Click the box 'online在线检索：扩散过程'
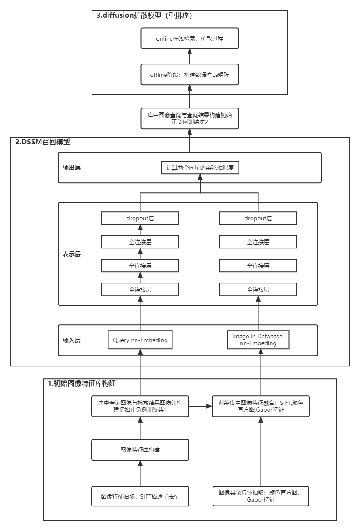point(190,38)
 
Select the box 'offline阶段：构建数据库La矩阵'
point(190,74)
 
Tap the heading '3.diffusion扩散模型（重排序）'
point(144,16)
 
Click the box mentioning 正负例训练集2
point(190,119)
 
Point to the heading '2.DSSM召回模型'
point(42,142)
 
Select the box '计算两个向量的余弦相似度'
point(200,168)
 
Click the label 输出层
point(71,168)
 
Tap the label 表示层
point(71,254)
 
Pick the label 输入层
point(71,340)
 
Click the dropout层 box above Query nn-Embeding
point(140,218)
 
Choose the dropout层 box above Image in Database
point(258,218)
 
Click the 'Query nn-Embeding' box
point(140,340)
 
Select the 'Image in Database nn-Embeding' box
point(258,340)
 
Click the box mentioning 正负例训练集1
point(140,406)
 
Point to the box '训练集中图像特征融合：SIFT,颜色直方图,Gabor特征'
point(261,406)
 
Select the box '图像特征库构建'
point(140,450)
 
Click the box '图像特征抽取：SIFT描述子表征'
point(140,496)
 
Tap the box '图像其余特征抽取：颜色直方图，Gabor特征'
point(261,496)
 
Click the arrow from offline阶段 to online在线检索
point(190,56)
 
